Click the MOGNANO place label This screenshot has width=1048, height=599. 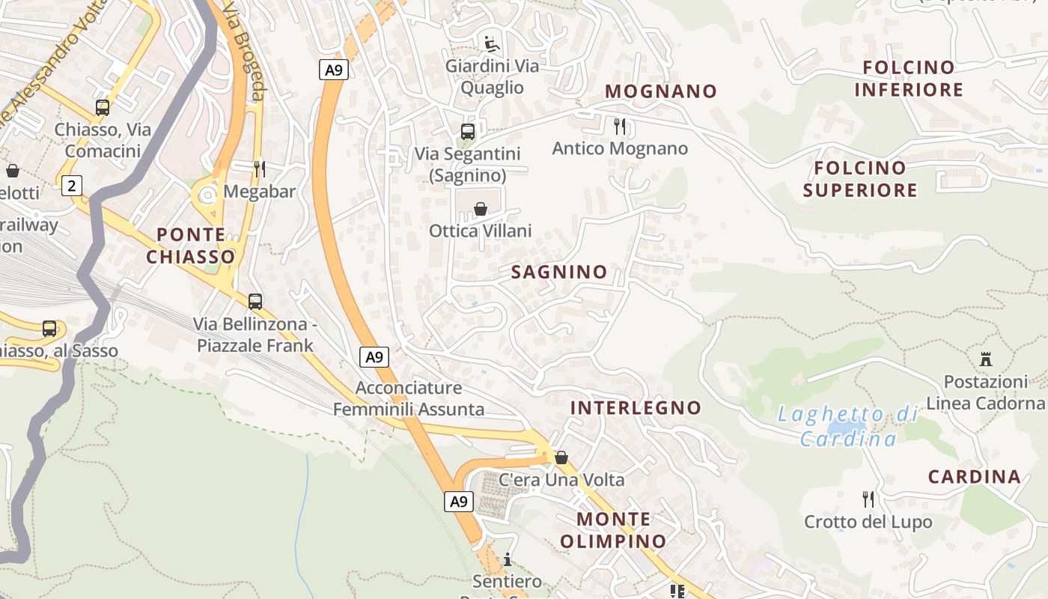coord(661,91)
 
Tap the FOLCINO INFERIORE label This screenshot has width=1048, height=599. coord(909,79)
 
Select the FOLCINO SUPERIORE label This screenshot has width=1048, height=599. coord(860,179)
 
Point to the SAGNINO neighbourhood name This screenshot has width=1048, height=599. coord(559,272)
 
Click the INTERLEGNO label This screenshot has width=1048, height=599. coord(636,408)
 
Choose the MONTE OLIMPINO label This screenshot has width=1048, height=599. coord(613,530)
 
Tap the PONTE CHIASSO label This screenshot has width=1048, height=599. coord(191,246)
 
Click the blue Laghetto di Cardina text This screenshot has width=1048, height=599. coord(848,426)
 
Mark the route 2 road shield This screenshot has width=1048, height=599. coord(71,185)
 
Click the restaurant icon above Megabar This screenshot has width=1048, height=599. coord(260,168)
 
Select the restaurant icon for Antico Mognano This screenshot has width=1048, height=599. coord(620,126)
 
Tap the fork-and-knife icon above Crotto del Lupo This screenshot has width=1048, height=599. coord(868,499)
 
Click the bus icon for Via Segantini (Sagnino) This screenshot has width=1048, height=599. coord(468,132)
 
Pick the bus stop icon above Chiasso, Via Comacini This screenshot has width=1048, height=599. coord(103,108)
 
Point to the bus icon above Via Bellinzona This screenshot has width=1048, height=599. coord(255,301)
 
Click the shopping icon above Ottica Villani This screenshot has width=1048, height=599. coord(481,209)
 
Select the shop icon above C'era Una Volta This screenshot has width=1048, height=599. coord(561,457)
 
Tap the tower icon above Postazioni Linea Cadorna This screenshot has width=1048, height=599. coord(986,359)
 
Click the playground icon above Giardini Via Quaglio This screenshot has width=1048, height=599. coord(492,44)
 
